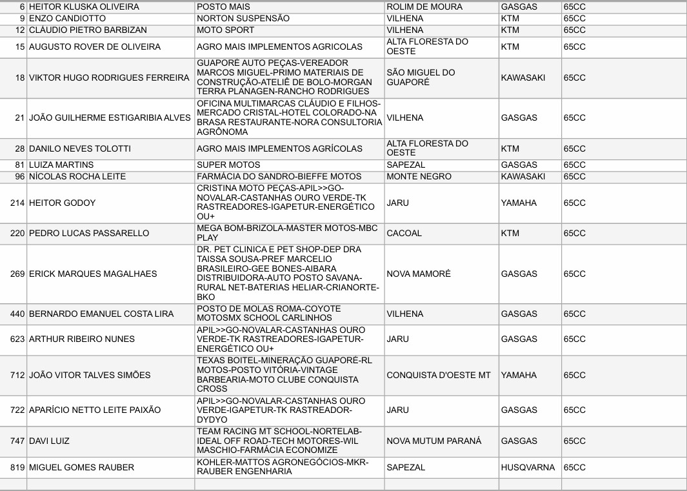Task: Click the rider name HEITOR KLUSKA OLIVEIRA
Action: click(x=84, y=6)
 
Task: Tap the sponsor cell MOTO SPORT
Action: click(x=225, y=30)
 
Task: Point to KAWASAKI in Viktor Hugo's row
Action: click(x=523, y=77)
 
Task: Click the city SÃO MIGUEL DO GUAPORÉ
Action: click(x=421, y=77)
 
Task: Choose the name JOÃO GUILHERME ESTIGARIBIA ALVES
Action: click(x=110, y=117)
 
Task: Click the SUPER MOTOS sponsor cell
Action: click(x=228, y=165)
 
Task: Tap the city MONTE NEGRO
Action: click(x=419, y=176)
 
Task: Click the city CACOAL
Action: click(x=404, y=233)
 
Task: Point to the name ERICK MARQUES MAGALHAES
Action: click(x=93, y=274)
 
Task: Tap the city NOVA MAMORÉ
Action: click(x=419, y=274)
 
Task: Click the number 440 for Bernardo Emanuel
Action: click(x=17, y=314)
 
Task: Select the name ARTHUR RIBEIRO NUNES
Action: click(x=82, y=339)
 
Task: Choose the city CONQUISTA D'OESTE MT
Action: click(x=439, y=375)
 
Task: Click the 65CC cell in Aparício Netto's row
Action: click(x=574, y=410)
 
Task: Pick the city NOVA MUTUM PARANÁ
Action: click(x=433, y=441)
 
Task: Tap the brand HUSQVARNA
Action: click(x=528, y=467)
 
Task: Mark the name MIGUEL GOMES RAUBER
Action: click(x=81, y=467)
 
